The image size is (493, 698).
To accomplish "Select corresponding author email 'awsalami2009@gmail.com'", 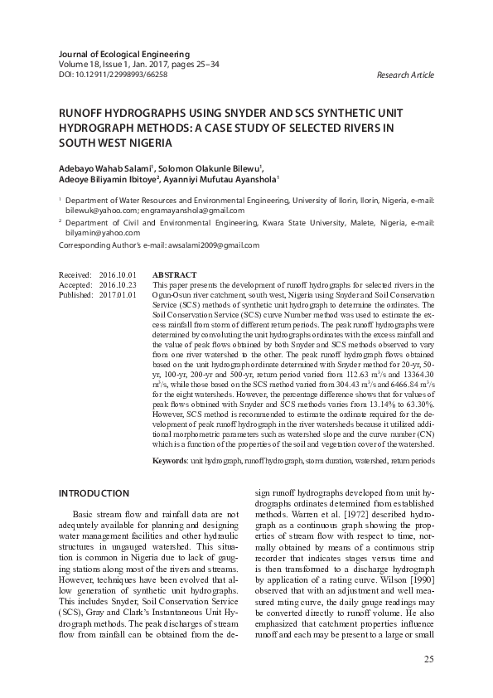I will pos(215,245).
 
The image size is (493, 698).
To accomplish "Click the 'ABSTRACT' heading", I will pos(175,275).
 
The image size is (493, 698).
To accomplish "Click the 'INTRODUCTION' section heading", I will pos(94,494).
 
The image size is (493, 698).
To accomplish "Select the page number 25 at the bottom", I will pos(428,659).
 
